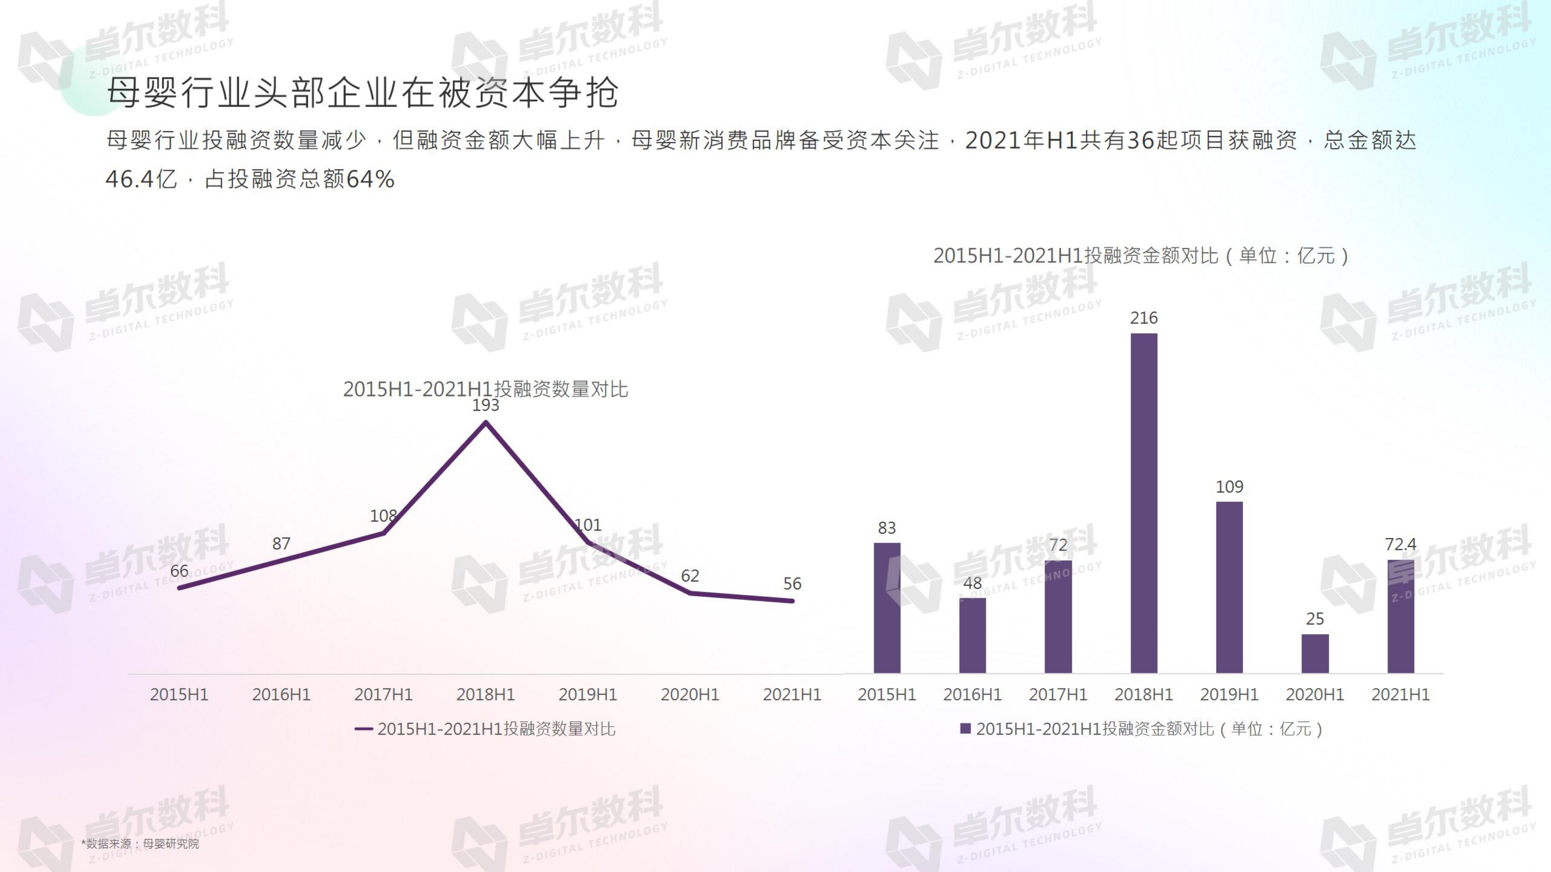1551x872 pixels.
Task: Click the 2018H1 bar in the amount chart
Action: (x=1143, y=503)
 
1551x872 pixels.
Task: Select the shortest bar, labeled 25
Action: (x=1315, y=653)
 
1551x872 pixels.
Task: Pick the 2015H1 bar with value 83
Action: (x=887, y=608)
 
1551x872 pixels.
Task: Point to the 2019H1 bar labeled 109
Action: (x=1229, y=587)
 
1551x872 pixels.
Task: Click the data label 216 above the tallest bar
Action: (x=1143, y=318)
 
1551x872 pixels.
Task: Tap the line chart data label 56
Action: (x=792, y=583)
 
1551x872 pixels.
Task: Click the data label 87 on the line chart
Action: (x=281, y=543)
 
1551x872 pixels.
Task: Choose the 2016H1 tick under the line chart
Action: (x=281, y=694)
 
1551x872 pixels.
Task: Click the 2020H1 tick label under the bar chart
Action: (x=1315, y=694)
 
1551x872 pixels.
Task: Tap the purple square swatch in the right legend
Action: (x=965, y=729)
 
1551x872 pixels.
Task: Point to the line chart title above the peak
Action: (x=485, y=389)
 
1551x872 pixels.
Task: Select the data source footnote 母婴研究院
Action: (x=140, y=844)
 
